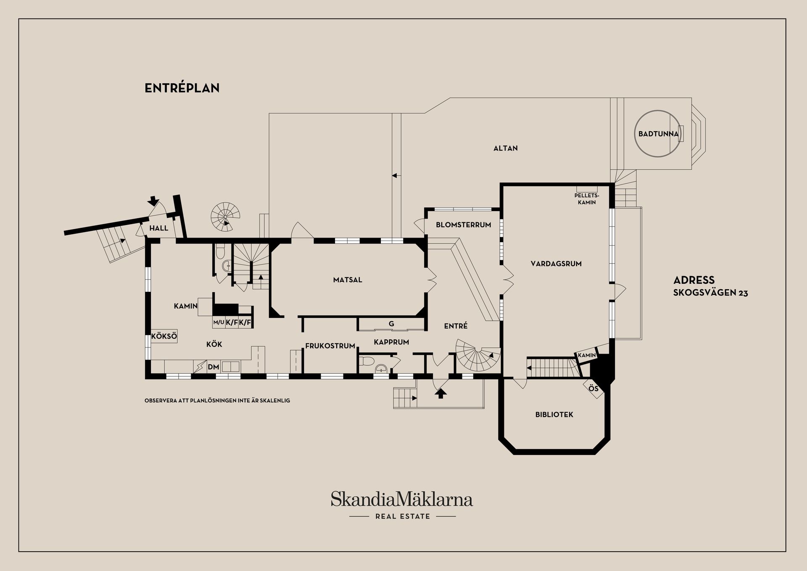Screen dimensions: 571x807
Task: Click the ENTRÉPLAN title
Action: click(x=182, y=88)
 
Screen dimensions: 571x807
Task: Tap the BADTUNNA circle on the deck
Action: click(x=658, y=134)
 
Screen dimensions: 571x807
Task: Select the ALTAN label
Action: click(x=505, y=148)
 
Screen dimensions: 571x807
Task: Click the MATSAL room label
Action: click(x=347, y=280)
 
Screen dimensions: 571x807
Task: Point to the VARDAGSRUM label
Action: click(x=556, y=264)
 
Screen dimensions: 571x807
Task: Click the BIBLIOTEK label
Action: click(x=554, y=414)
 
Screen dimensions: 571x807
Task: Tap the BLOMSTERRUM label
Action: click(x=463, y=225)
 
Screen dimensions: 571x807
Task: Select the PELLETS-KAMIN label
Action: click(x=586, y=199)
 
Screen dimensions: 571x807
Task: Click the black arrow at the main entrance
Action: click(x=440, y=393)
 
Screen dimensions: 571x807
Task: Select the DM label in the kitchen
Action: click(x=214, y=367)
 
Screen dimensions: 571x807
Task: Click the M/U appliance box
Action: click(x=219, y=323)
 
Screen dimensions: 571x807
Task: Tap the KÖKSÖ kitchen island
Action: click(x=164, y=336)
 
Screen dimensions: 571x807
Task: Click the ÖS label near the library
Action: click(x=593, y=389)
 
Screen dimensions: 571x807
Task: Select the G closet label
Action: click(x=391, y=324)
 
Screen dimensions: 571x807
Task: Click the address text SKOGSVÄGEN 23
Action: click(x=710, y=293)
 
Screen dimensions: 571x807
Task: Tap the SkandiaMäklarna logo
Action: click(x=402, y=500)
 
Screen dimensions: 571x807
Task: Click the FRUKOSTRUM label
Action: click(x=330, y=346)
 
